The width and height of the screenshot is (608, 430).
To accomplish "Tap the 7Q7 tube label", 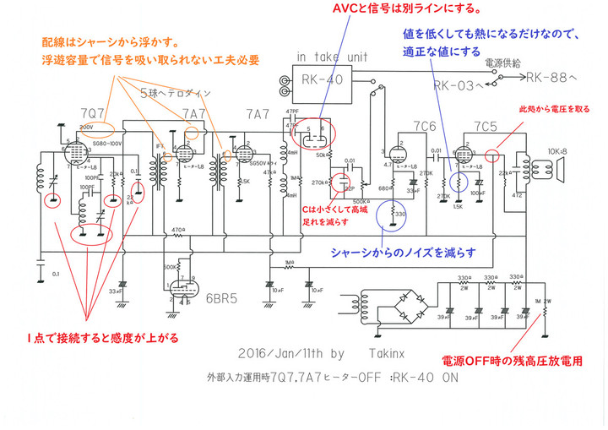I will (93, 113).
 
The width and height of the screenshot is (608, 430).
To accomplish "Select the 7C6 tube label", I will (425, 126).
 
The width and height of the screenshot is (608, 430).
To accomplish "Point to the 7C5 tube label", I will (485, 126).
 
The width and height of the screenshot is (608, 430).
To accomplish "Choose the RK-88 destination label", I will (551, 78).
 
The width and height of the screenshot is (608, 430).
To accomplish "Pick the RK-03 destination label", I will (459, 84).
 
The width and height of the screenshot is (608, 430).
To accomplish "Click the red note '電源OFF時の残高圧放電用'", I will (517, 361).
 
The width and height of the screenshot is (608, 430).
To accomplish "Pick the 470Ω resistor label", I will (175, 230).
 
